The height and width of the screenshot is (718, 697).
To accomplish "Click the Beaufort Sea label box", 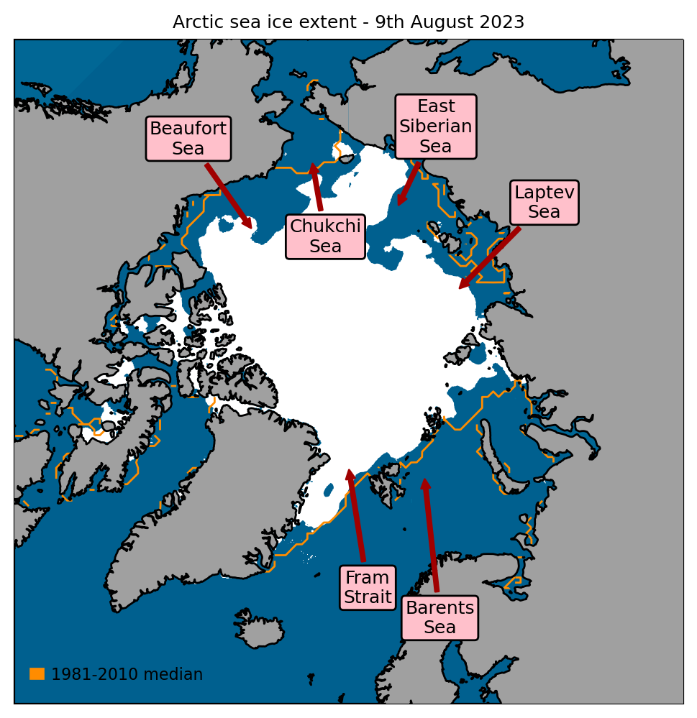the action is click(x=188, y=139).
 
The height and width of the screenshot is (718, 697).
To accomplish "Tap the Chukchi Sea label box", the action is click(x=325, y=236).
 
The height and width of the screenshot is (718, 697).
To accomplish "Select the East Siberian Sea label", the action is click(x=435, y=126).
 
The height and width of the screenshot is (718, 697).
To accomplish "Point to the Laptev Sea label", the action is click(x=544, y=202).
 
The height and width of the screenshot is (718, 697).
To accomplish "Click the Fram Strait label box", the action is click(x=368, y=587).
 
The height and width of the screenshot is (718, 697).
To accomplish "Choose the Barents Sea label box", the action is click(x=439, y=617).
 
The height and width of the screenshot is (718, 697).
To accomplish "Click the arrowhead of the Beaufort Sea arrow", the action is click(x=250, y=228).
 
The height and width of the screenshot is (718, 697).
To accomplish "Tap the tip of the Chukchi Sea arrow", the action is click(x=312, y=165).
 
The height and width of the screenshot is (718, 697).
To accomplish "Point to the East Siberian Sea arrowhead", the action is click(x=399, y=204).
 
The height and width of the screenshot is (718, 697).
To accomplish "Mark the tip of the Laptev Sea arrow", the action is click(x=461, y=287).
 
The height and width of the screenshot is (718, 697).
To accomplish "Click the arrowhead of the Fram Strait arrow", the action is click(x=349, y=471).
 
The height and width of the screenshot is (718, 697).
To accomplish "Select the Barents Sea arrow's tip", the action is click(x=424, y=480).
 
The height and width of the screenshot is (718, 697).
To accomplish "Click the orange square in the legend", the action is click(x=37, y=673).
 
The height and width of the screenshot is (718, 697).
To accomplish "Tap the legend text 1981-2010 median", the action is click(x=127, y=674).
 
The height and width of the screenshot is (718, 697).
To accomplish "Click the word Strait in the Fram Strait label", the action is click(x=368, y=597).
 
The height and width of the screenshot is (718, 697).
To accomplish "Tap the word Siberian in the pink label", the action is click(x=435, y=126).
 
